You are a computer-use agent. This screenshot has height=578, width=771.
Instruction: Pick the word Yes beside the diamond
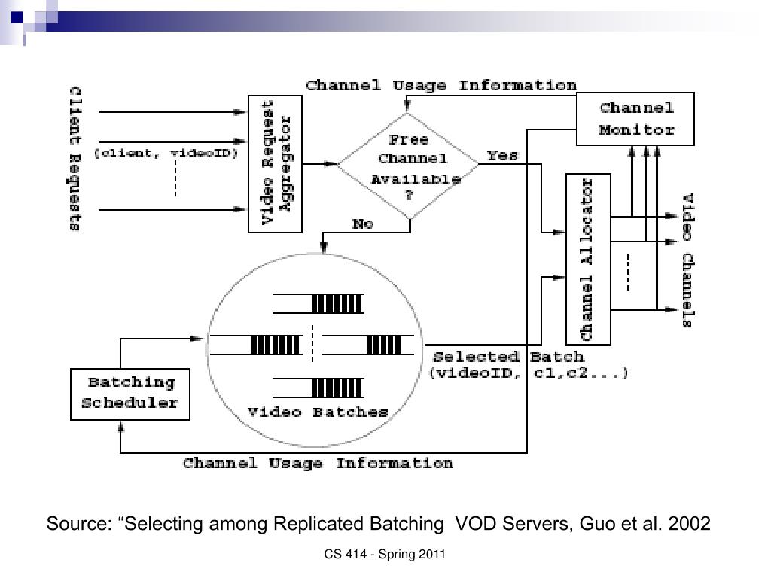pyautogui.click(x=502, y=156)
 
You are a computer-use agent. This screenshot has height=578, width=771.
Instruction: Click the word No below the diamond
pyautogui.click(x=363, y=224)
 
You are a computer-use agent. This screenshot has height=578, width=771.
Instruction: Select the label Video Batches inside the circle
pyautogui.click(x=318, y=412)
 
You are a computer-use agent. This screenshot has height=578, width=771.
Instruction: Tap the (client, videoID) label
pyautogui.click(x=166, y=153)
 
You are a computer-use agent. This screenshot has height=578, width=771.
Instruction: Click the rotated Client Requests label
pyautogui.click(x=75, y=158)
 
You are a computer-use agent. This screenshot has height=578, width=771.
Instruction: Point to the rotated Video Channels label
pyautogui.click(x=688, y=260)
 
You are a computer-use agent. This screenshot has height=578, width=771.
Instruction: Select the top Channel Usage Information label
pyautogui.click(x=441, y=86)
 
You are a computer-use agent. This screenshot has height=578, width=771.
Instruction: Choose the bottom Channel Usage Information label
pyautogui.click(x=318, y=463)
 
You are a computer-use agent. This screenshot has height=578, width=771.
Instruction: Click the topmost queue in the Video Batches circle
pyautogui.click(x=318, y=303)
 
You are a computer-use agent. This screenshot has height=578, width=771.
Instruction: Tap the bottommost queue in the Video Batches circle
pyautogui.click(x=318, y=388)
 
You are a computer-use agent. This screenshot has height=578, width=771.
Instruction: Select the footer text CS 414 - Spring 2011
pyautogui.click(x=385, y=555)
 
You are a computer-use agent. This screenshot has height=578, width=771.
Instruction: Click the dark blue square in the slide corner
pyautogui.click(x=17, y=18)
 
